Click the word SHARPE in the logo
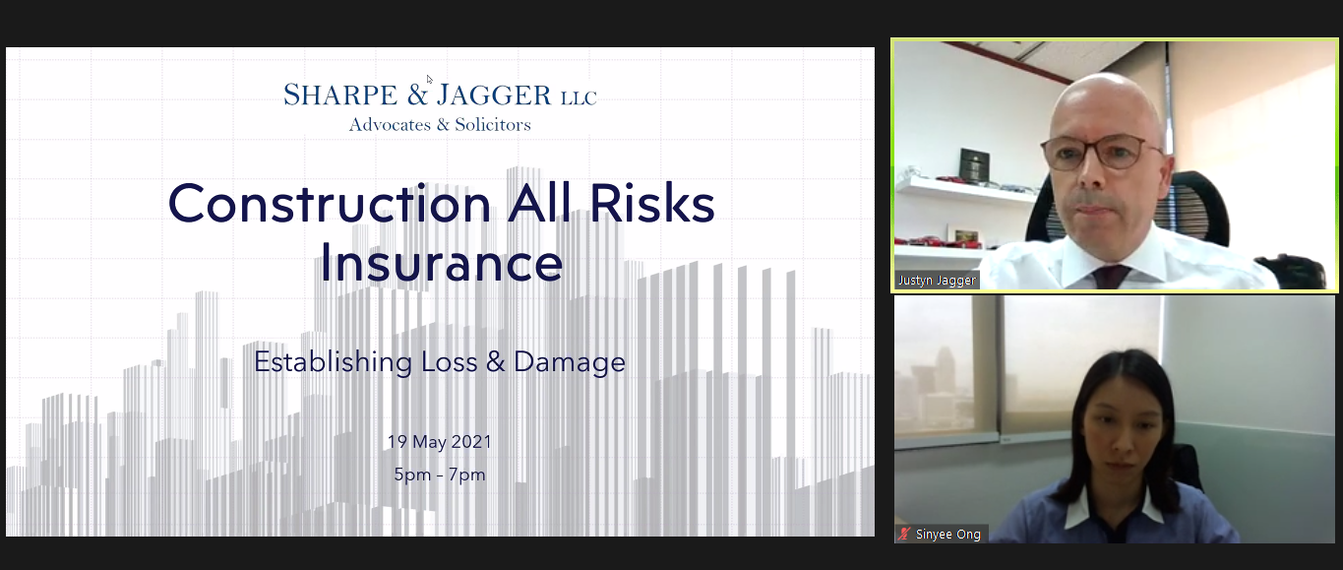340,95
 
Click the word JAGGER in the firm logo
494,95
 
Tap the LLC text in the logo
579,97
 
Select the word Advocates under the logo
390,124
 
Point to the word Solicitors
493,124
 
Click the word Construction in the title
330,204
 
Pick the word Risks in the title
652,204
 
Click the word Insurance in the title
441,262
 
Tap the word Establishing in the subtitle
333,362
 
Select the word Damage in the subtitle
570,362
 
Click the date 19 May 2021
440,442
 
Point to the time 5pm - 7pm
440,475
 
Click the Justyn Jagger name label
937,281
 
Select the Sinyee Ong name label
947,534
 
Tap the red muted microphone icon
904,534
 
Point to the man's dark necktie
1111,277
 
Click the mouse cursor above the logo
429,79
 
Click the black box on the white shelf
974,163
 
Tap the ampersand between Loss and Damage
496,362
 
